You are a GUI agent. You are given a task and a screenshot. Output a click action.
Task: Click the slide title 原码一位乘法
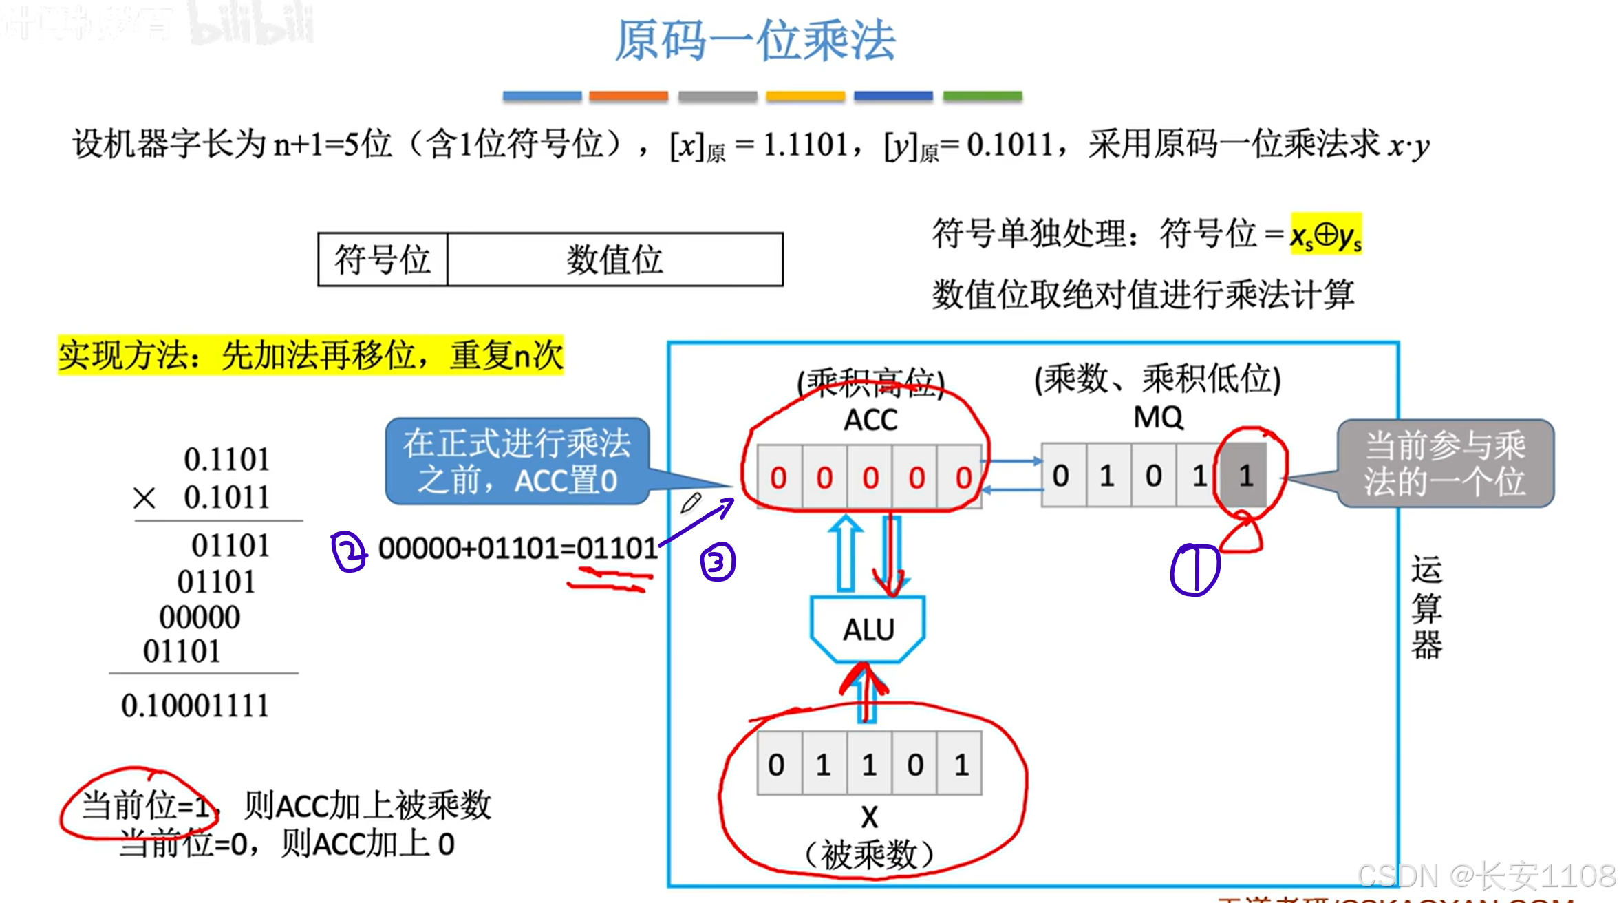(x=755, y=41)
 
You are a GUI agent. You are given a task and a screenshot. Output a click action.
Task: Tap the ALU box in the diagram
(x=868, y=629)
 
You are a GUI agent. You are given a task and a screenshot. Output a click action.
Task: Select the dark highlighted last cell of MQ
(x=1244, y=476)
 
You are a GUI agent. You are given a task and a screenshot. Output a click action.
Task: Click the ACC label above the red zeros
(x=870, y=420)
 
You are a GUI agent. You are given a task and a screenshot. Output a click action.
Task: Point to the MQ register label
(x=1158, y=417)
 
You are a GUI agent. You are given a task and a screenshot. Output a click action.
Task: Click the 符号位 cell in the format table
(x=383, y=259)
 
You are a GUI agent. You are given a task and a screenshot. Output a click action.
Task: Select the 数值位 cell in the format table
(x=614, y=259)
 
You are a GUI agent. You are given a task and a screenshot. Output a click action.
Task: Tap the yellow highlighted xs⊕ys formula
(x=1325, y=235)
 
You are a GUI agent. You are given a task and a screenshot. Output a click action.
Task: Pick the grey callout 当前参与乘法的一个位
(x=1445, y=463)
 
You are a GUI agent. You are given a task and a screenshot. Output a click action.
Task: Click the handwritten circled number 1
(x=1195, y=569)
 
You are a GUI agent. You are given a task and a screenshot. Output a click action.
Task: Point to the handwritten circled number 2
(x=349, y=551)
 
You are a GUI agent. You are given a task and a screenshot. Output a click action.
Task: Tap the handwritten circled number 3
(x=718, y=562)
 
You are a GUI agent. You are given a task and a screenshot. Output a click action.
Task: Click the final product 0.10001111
(x=195, y=705)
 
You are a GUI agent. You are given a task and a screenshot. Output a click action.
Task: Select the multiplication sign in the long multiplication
(x=144, y=498)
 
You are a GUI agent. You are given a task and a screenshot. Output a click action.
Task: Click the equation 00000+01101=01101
(x=518, y=549)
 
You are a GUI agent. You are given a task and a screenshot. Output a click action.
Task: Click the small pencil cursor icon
(x=690, y=503)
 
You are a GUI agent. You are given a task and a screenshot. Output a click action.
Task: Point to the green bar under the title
(x=982, y=96)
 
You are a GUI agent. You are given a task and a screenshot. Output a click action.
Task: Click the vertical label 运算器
(x=1426, y=607)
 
